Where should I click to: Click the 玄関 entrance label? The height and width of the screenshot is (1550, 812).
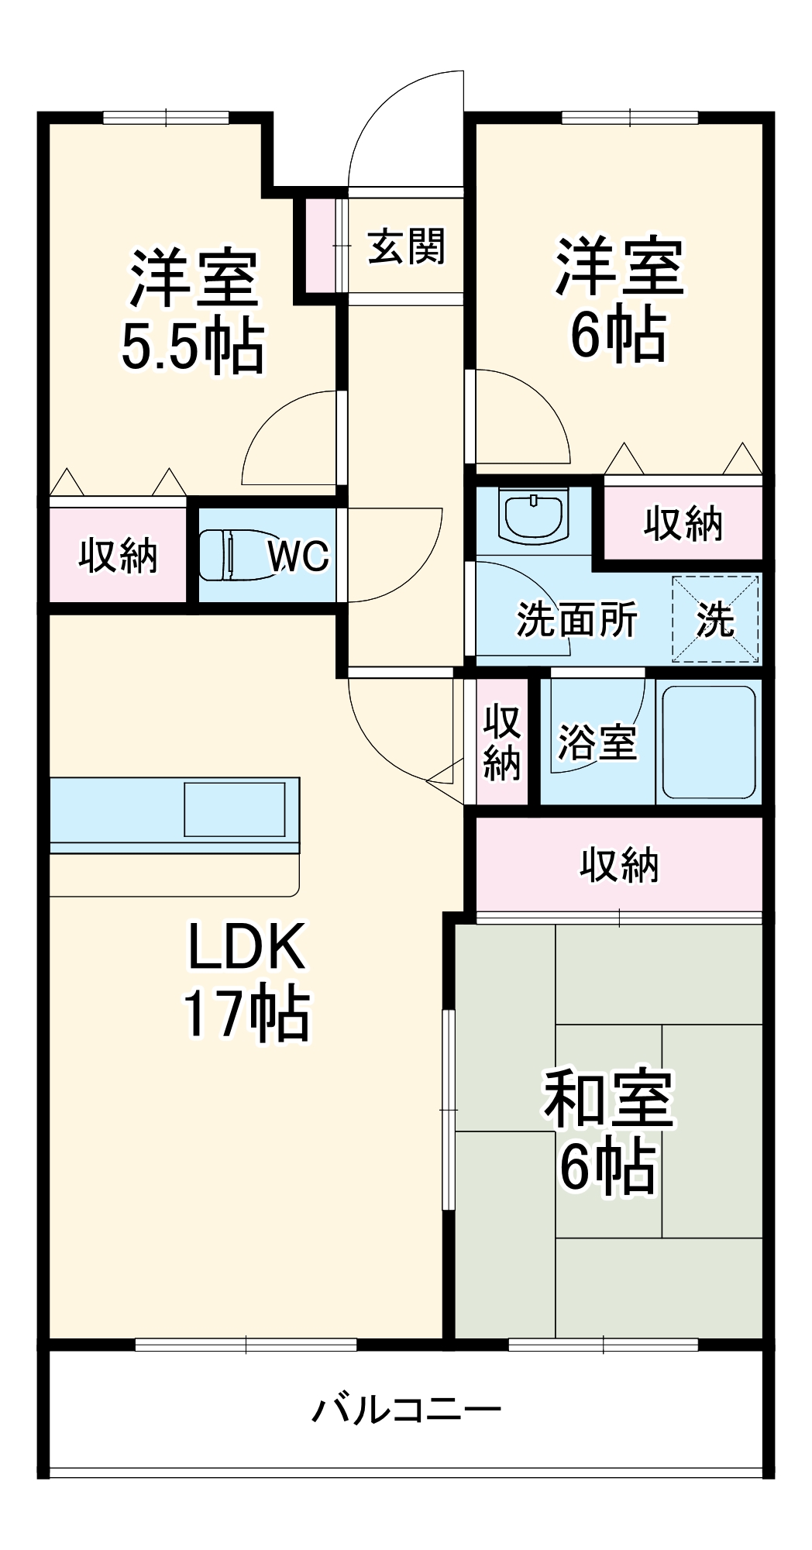point(406,246)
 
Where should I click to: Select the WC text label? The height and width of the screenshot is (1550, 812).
point(298,556)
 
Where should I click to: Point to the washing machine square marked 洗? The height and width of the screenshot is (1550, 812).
point(715,619)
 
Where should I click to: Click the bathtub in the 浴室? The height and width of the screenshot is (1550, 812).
point(709,742)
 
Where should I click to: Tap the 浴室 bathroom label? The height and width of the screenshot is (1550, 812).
point(597,742)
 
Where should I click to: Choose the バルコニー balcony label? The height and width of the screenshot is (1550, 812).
point(406,1408)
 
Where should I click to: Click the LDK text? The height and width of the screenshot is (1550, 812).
point(247,947)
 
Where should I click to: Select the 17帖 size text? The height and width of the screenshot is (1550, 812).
point(247,1013)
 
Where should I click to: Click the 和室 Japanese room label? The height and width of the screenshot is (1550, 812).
point(608,1099)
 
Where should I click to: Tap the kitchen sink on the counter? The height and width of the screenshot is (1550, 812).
point(234,809)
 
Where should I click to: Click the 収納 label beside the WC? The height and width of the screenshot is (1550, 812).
point(119,556)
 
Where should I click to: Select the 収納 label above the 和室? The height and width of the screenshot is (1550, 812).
point(619,865)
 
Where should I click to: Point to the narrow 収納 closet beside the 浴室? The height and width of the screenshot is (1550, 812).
point(501,742)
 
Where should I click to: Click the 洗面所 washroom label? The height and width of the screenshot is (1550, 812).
point(576,619)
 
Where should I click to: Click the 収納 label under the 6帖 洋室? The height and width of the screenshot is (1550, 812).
point(683,524)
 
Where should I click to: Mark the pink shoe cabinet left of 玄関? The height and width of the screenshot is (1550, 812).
point(318,245)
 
